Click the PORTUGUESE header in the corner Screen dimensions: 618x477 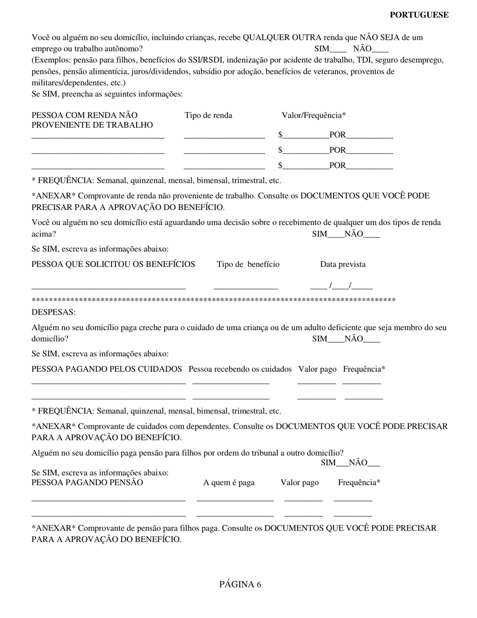pos(419,15)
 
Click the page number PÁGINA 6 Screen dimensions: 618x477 pos(240,584)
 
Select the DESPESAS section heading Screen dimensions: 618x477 pos(54,312)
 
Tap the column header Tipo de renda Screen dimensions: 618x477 pos(208,116)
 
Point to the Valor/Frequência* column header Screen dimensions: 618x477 pos(314,116)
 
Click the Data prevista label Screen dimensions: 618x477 pos(343,264)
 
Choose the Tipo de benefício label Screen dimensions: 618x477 pos(248,264)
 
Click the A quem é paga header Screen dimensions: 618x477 pos(229,482)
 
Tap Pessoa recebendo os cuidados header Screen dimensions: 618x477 pos(240,369)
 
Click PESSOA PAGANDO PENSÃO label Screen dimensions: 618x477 pos(87,482)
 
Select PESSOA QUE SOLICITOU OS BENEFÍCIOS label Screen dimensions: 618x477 pos(113,264)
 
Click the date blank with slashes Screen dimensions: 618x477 pos(341,287)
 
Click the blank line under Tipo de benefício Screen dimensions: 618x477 pos(246,288)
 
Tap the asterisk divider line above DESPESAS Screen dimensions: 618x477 pos(213,300)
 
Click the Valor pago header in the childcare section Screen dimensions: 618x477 pos(317,369)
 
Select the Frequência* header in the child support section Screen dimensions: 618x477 pos(359,482)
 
